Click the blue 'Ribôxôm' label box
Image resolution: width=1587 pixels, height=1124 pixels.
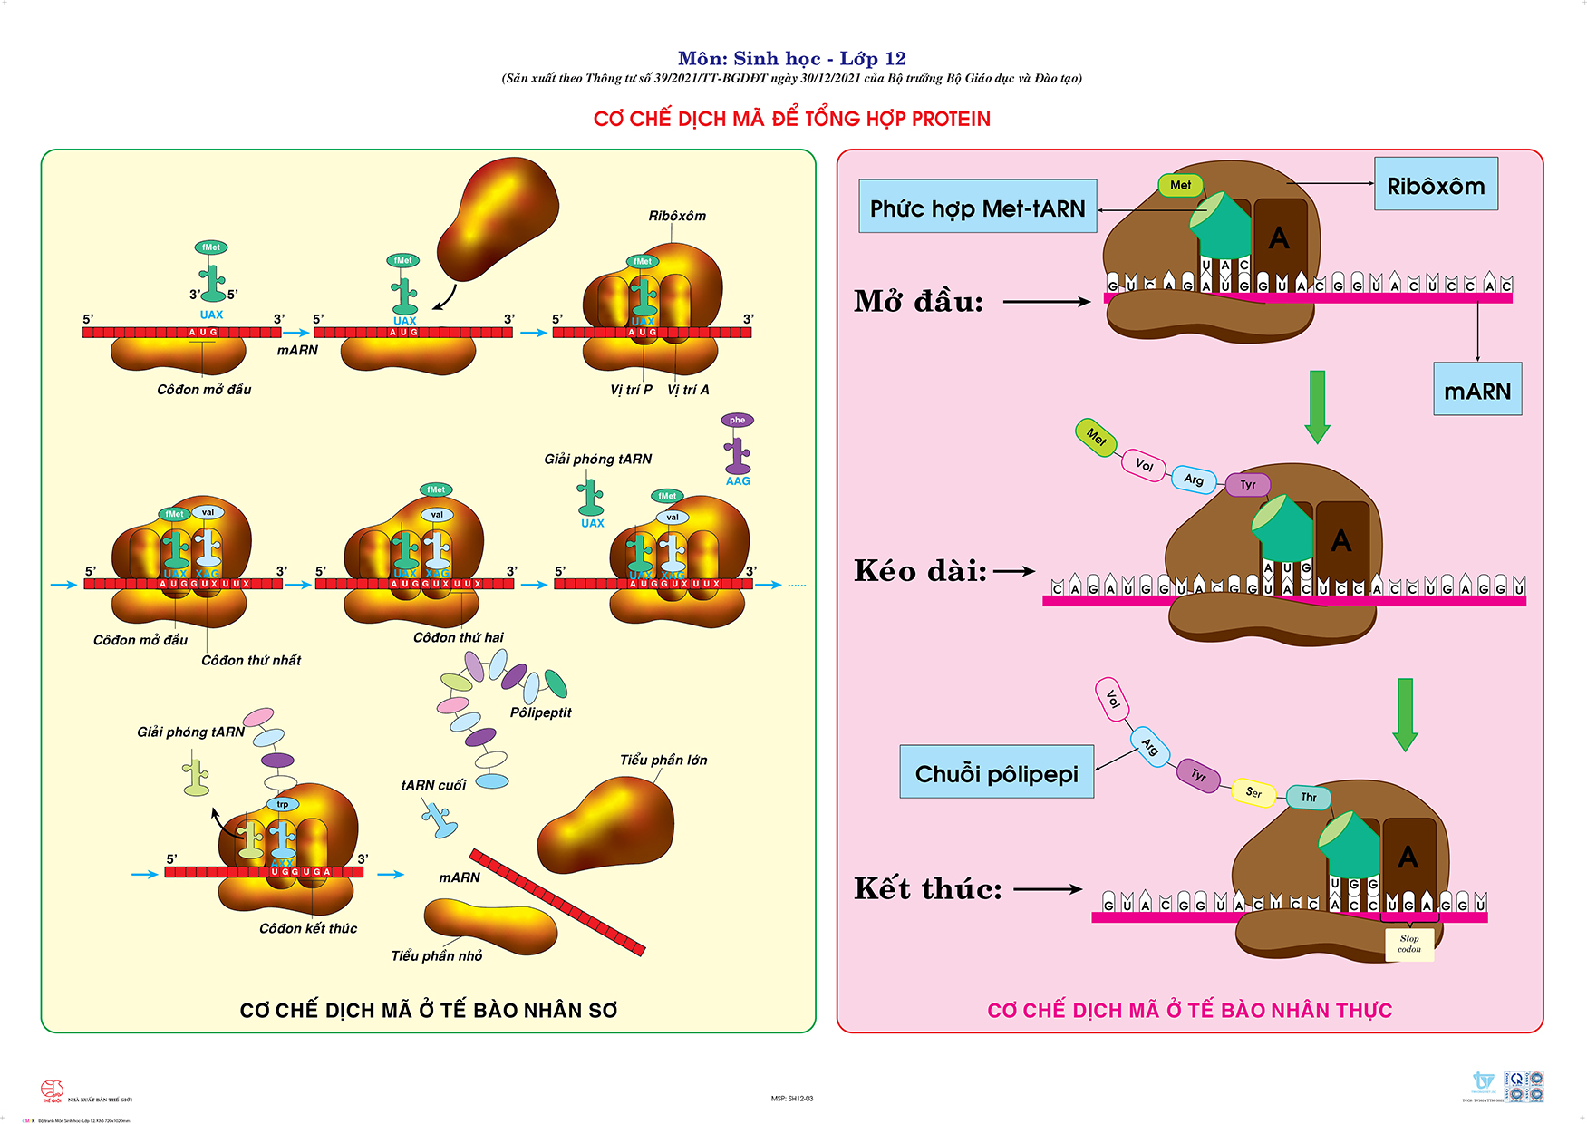(1436, 185)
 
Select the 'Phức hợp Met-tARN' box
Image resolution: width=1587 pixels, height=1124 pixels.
(977, 208)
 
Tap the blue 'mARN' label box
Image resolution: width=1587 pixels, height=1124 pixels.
(1477, 391)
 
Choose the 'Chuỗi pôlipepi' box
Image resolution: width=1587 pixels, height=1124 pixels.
(996, 773)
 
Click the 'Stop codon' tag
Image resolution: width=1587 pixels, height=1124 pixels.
(1408, 944)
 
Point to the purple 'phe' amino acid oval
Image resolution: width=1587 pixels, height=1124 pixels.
(737, 420)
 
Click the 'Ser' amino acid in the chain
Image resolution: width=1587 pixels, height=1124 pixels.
(1253, 792)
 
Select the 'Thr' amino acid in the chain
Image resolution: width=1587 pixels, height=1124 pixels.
(1309, 797)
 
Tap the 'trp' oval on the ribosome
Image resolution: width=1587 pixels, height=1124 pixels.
(283, 804)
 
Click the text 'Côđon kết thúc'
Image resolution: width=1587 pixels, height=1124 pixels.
(308, 928)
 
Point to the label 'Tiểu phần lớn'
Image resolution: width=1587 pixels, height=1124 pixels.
(663, 760)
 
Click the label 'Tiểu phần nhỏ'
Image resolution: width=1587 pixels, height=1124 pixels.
(437, 955)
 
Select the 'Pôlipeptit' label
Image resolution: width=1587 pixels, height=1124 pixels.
(540, 712)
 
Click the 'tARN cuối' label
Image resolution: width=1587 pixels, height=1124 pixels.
(433, 785)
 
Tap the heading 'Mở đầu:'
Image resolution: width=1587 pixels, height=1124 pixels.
(918, 301)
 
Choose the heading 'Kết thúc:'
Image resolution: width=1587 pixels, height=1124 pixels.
(928, 888)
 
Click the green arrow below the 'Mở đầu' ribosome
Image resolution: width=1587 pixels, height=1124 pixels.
(1317, 406)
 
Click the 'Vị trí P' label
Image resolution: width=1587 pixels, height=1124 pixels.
(631, 390)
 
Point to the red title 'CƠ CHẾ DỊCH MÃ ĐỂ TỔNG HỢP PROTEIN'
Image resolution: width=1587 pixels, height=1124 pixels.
(792, 119)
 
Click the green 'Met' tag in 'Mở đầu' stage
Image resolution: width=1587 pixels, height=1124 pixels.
(1180, 185)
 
